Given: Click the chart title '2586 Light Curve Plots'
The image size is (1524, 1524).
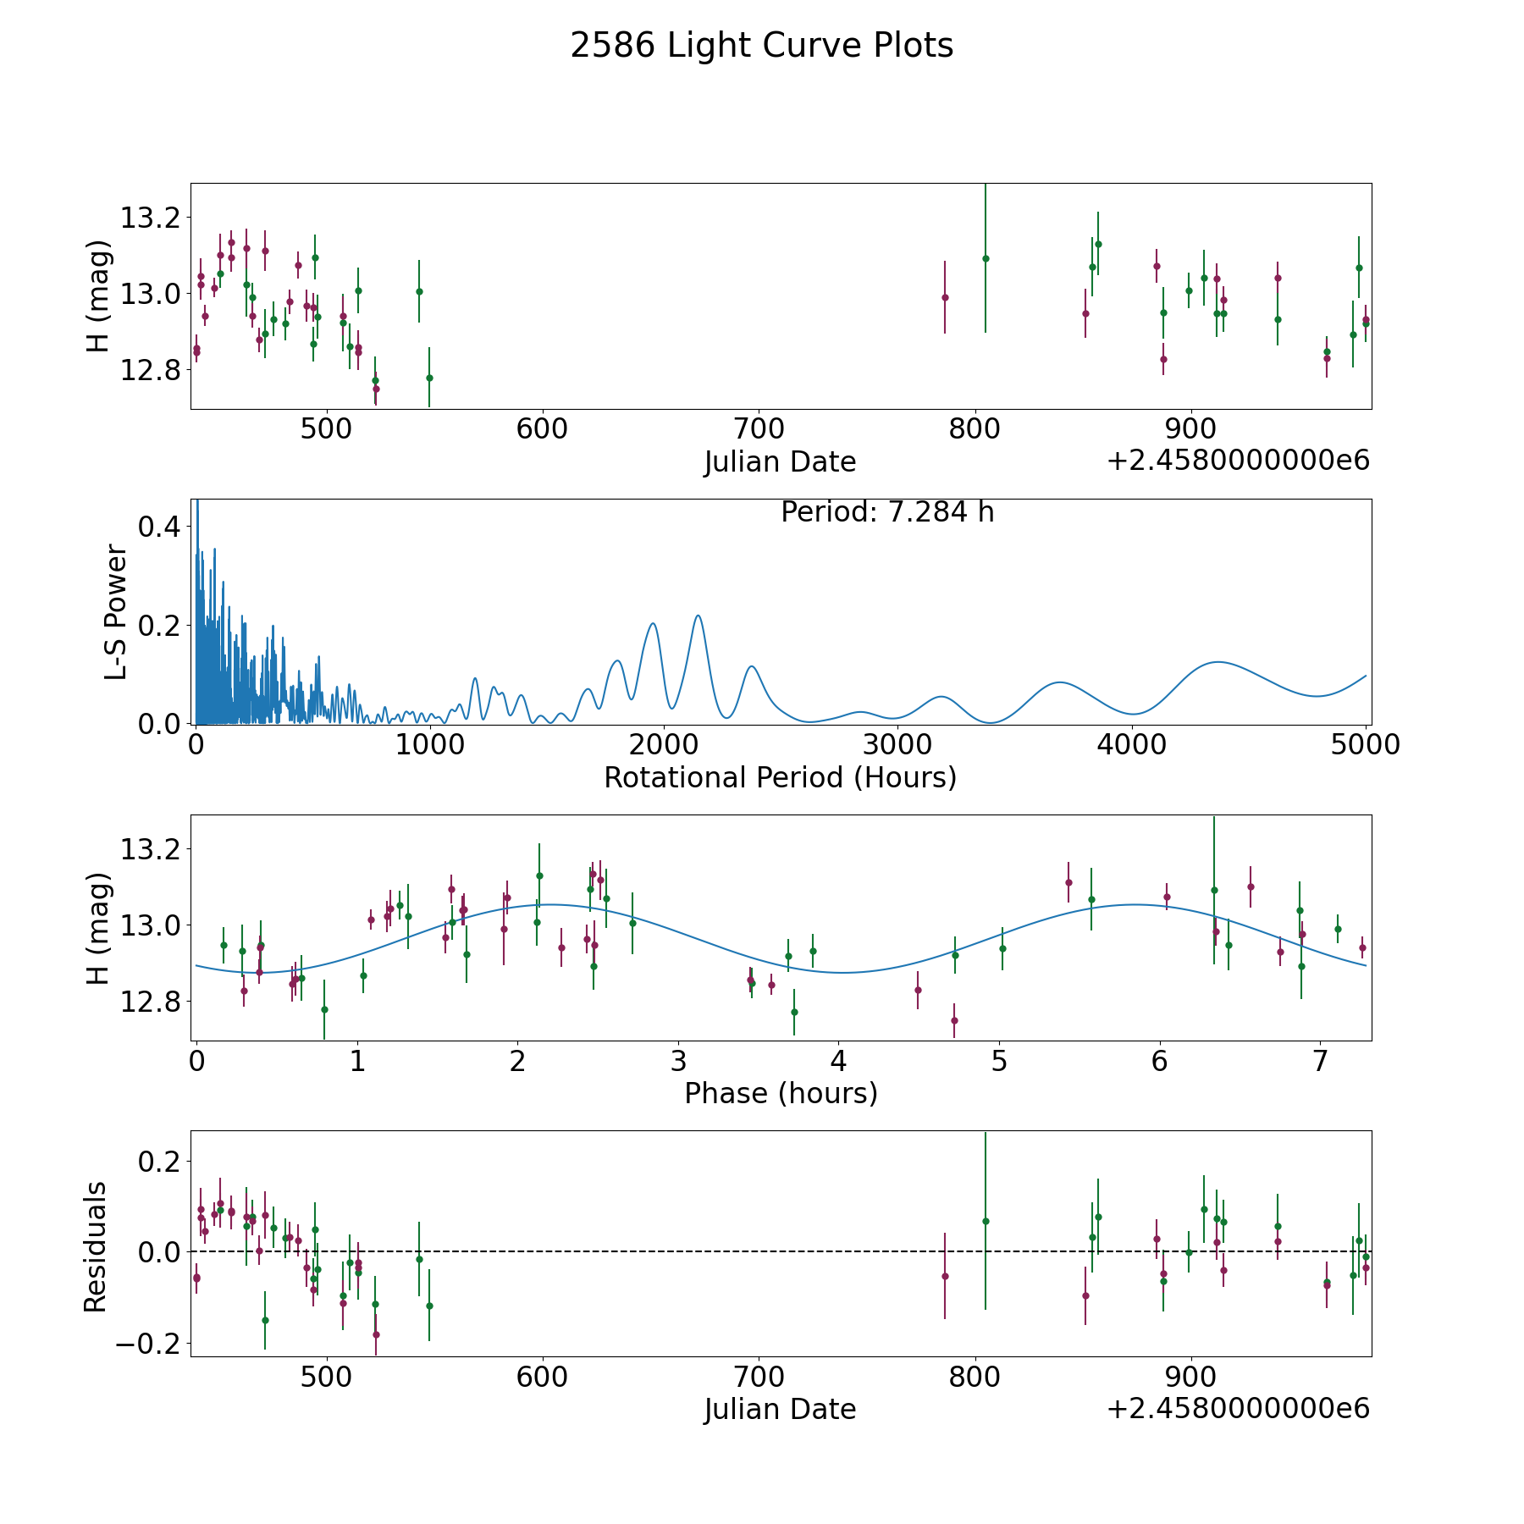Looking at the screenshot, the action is coord(762,46).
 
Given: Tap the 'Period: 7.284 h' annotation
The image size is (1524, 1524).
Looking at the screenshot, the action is coord(887,512).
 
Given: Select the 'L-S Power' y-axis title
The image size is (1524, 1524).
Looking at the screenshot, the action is coord(116,612).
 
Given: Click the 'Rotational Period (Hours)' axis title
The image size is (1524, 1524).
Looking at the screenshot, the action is coord(781,777).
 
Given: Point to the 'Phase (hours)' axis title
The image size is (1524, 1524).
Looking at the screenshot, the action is coord(781,1093).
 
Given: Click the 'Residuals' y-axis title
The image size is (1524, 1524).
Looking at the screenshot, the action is coord(96,1246).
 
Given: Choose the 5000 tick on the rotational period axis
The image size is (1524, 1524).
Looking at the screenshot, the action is coord(1366,745).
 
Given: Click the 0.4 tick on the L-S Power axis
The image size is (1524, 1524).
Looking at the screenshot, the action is coord(158,527).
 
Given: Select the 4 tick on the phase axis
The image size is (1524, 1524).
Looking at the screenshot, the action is coord(838,1061).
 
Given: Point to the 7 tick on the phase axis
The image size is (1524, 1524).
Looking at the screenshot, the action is coord(1319,1061).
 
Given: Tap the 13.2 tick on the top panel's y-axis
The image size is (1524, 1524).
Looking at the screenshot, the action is coord(149,218).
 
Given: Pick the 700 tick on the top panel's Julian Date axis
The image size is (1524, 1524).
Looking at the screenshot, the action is coord(759,429).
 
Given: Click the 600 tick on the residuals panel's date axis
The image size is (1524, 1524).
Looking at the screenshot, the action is coord(543,1377).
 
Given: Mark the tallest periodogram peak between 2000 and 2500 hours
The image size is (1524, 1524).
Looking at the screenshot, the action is coord(698,616).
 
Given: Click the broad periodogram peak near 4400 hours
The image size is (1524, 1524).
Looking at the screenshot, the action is coord(1218,662).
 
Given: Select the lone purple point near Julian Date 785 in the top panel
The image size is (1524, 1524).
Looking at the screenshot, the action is coord(945,297).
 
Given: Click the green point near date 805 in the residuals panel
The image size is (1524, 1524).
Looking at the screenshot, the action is coord(986,1221).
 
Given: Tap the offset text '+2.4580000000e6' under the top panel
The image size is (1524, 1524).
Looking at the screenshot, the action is coord(1238,461).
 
